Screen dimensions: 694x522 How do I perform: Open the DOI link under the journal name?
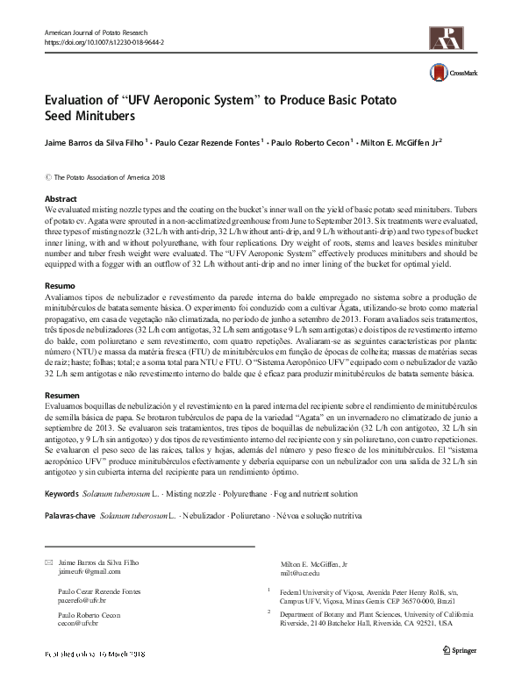click(x=104, y=42)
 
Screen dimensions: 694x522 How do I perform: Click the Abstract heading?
click(x=61, y=199)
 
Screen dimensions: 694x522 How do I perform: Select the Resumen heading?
click(x=61, y=397)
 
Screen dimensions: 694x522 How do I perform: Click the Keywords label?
click(x=64, y=495)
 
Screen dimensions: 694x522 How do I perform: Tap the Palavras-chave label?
click(x=70, y=518)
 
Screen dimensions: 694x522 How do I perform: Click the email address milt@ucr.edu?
click(x=298, y=570)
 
